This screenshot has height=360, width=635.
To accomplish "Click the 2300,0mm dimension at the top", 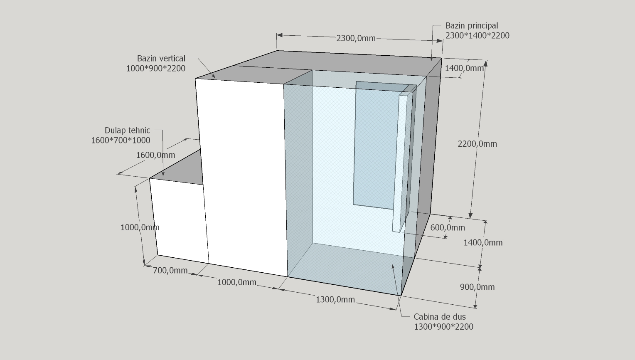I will click(x=356, y=38).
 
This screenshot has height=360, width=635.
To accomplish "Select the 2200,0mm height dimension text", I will click(x=477, y=144).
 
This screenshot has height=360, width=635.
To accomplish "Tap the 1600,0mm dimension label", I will click(x=155, y=155).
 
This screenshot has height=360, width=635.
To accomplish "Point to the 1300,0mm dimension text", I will click(x=335, y=299).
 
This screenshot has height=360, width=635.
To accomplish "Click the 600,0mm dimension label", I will click(x=447, y=227).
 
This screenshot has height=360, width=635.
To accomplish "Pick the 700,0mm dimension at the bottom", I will click(x=170, y=271).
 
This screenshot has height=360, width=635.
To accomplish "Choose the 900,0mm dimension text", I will click(x=477, y=287).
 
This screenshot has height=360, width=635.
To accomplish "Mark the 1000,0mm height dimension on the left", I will click(x=140, y=227).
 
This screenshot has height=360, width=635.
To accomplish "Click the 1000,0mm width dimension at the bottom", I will click(x=236, y=282).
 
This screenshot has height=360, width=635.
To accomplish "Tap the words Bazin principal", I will click(x=471, y=26).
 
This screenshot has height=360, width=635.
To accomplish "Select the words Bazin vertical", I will click(x=161, y=59).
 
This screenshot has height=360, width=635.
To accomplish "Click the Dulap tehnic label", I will click(x=127, y=131).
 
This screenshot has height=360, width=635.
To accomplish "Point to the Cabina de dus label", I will click(x=440, y=317).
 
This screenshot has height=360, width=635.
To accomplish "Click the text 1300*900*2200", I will click(x=443, y=327).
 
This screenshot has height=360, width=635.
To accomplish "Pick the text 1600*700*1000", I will click(x=121, y=141).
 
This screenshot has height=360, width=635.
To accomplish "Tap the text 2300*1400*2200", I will click(x=477, y=36).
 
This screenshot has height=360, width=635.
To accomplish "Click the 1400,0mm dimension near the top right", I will click(x=464, y=68).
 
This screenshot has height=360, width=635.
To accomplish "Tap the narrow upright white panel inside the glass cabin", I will click(x=400, y=162).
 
